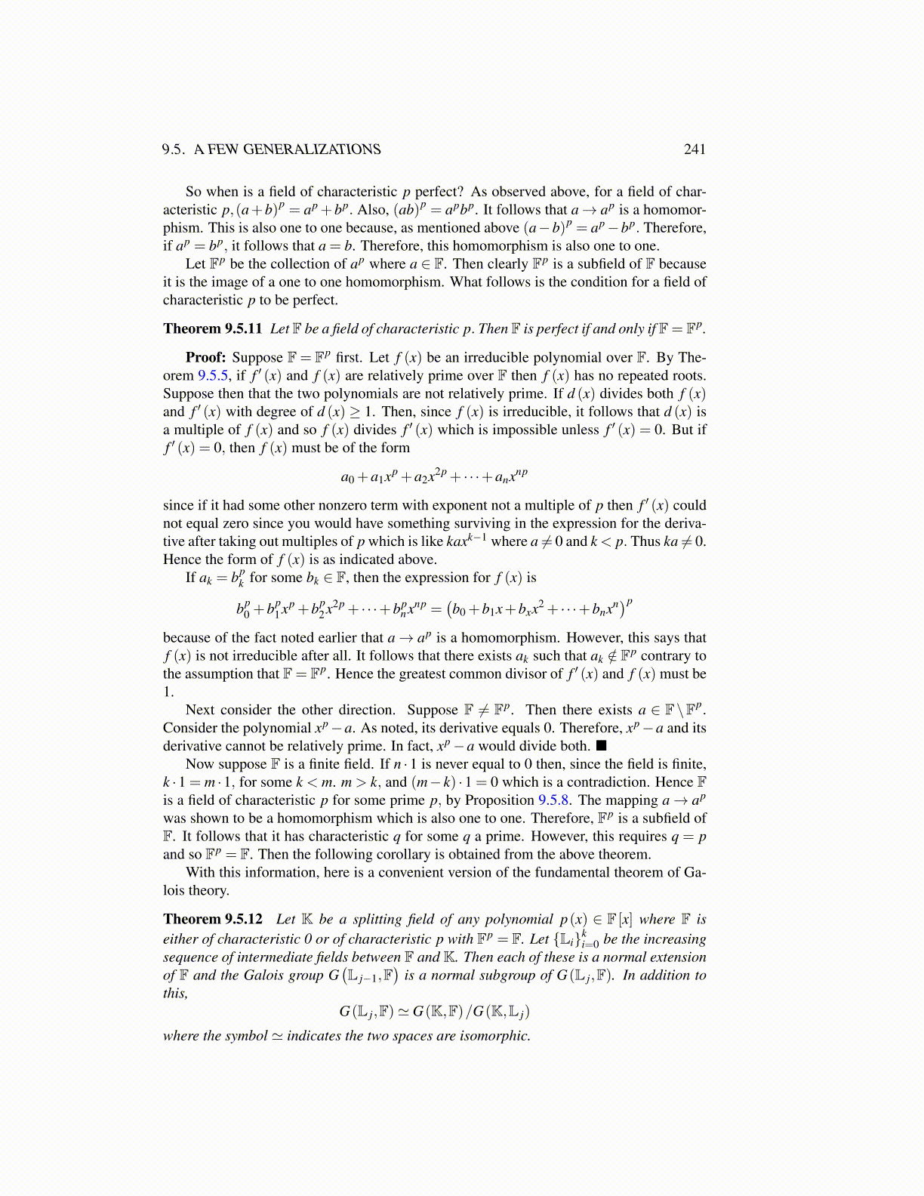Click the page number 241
695,149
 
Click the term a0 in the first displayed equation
347,477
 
